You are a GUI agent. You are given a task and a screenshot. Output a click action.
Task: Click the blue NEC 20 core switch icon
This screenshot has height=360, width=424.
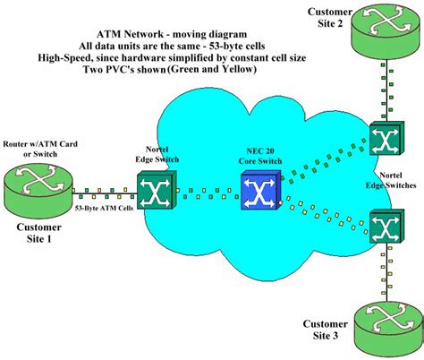[x=261, y=190]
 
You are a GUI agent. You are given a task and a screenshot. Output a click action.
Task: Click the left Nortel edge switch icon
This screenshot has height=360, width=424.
[x=157, y=189]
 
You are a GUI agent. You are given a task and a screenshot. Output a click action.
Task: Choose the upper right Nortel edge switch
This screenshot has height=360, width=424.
[x=386, y=138]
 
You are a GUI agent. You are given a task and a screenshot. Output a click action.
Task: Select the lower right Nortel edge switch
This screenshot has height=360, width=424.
[x=386, y=226]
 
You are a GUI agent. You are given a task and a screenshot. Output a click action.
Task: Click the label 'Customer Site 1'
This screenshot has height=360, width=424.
[x=38, y=233]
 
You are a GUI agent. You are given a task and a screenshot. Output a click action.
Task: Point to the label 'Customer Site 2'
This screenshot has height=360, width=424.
[x=330, y=17]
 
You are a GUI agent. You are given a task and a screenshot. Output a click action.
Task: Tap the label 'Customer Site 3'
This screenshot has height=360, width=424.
[x=326, y=330]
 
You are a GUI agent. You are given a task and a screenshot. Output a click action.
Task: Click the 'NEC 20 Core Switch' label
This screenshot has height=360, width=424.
[x=260, y=156]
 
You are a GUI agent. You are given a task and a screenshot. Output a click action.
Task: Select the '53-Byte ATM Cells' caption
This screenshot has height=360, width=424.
[x=104, y=208]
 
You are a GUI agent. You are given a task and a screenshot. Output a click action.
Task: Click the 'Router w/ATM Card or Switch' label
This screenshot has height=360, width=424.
[x=40, y=149]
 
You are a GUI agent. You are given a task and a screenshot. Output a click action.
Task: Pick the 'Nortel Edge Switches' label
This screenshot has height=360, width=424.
[x=391, y=180]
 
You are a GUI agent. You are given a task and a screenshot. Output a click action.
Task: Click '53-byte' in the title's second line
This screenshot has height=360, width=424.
[x=224, y=46]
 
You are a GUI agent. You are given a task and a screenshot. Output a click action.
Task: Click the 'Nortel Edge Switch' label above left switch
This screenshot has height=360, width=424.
[x=157, y=154]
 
